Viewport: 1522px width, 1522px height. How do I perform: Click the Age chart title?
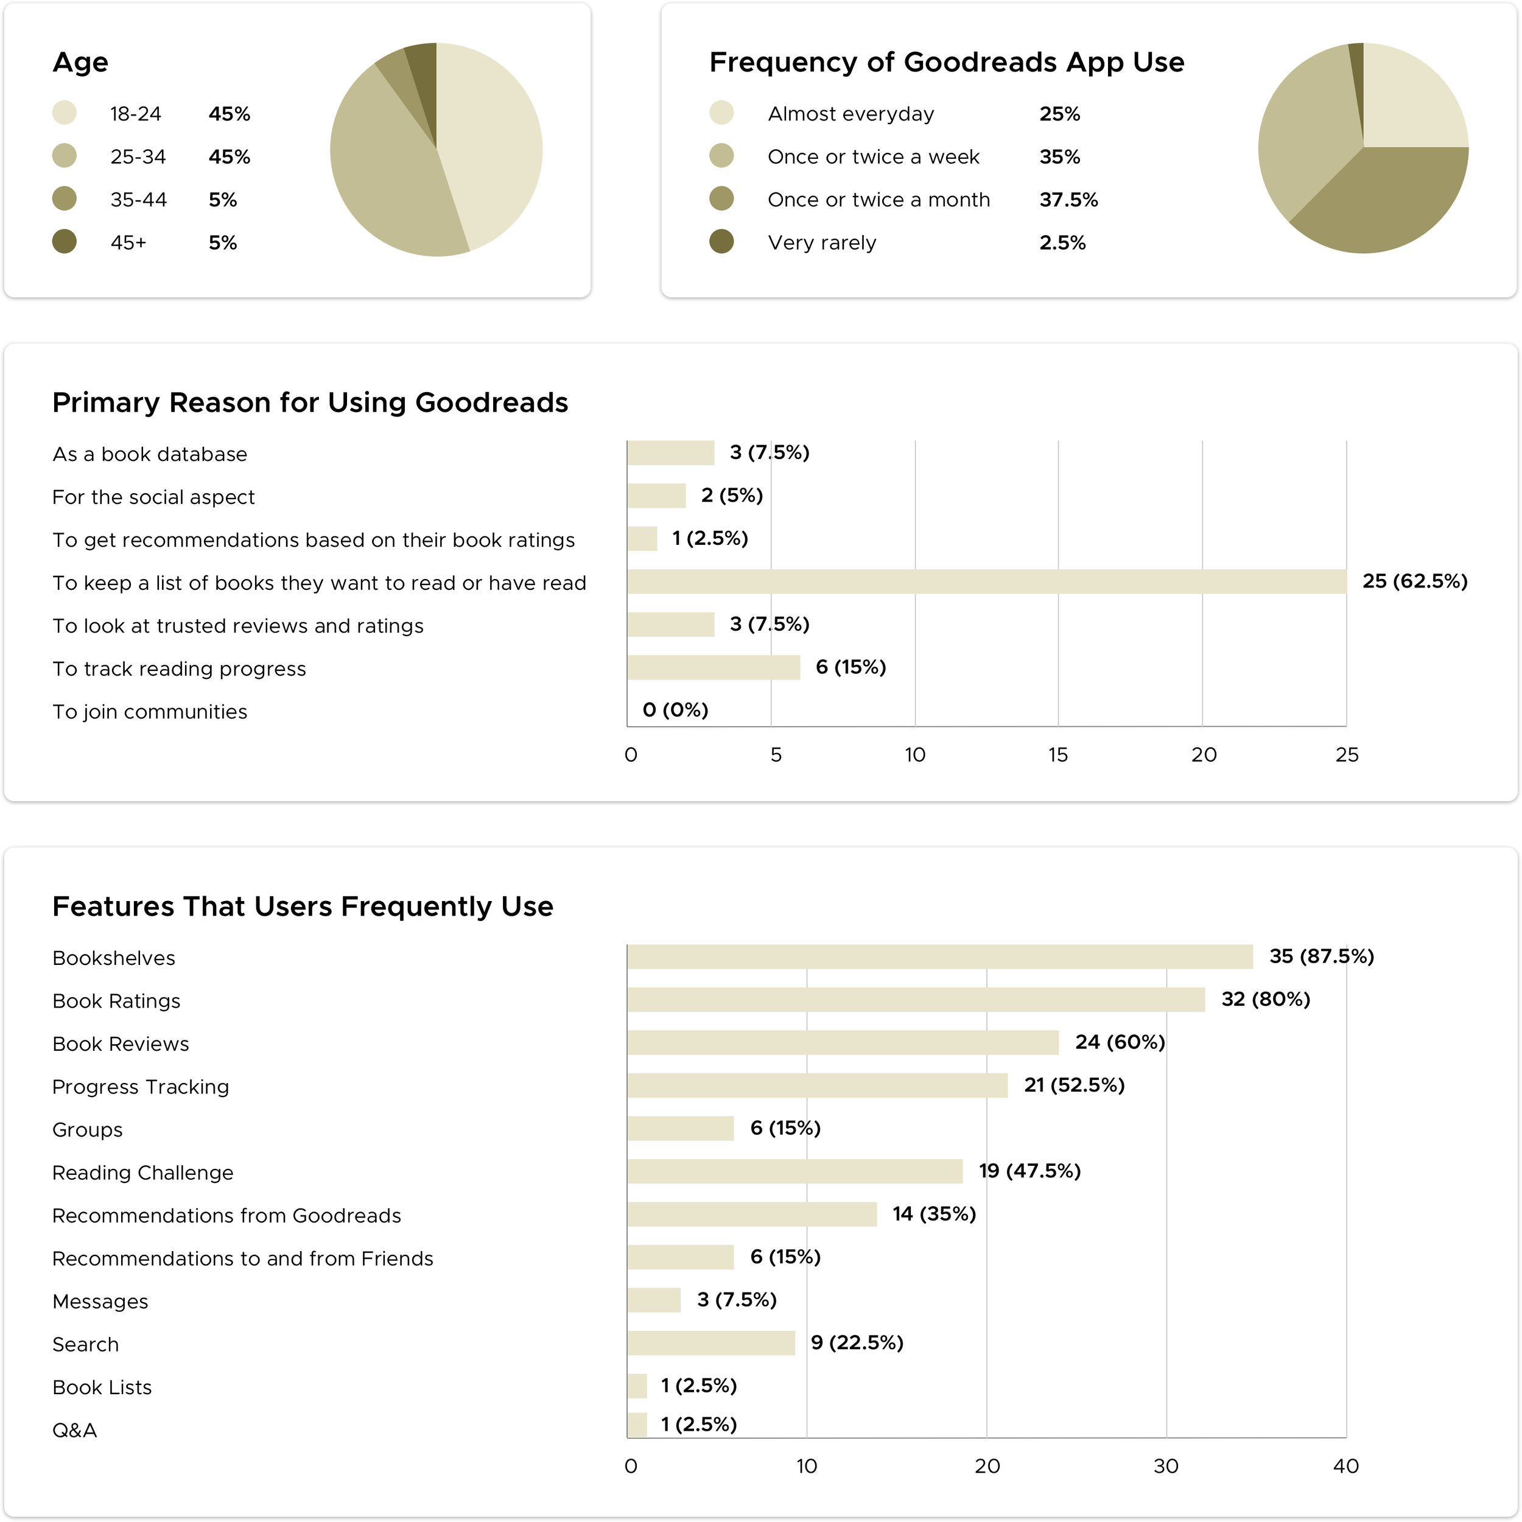80,62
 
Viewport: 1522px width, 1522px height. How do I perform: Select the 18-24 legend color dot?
65,113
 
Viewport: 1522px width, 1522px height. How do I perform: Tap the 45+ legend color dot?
65,242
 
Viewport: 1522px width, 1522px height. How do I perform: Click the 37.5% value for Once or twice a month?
1068,200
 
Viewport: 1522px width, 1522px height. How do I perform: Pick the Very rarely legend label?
822,243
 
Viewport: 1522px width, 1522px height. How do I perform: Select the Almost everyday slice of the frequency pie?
1410,99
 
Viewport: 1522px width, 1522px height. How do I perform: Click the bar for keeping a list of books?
986,581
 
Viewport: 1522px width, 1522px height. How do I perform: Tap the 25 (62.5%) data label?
1415,581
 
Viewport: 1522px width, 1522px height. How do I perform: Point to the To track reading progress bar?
714,667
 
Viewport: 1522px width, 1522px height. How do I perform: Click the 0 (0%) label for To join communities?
676,710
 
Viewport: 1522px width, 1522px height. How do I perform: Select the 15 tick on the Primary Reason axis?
1058,756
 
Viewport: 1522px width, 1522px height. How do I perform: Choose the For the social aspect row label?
153,497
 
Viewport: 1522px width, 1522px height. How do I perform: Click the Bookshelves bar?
940,957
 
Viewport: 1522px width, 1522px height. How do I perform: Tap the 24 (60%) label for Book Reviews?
1120,1042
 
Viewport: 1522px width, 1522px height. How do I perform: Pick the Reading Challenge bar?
795,1171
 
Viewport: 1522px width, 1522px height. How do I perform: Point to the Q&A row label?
75,1431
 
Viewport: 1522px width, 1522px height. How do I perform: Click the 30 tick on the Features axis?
1166,1466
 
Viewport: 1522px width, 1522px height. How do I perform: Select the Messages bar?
654,1300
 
